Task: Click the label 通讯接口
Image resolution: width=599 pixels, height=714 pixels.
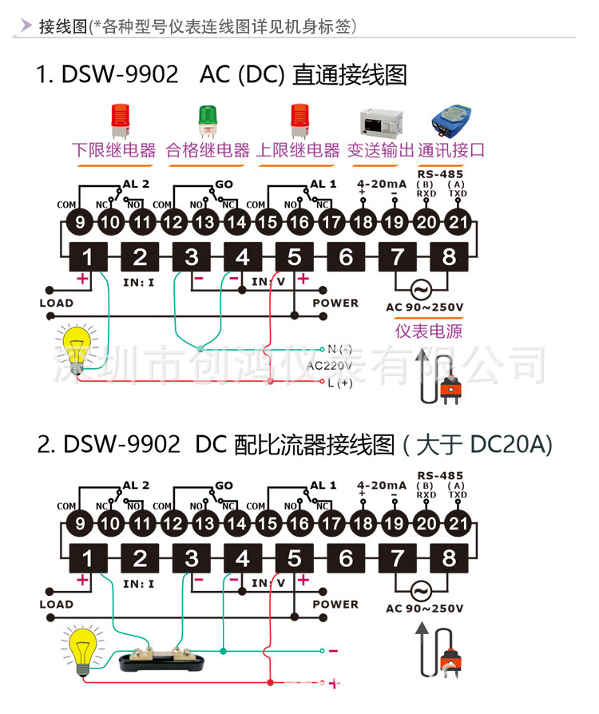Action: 451,150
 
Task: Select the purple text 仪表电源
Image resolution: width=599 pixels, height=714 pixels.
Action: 429,331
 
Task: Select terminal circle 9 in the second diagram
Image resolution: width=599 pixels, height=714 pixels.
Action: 79,525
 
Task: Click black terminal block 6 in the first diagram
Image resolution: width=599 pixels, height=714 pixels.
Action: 346,257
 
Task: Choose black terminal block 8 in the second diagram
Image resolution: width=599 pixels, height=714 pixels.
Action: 449,558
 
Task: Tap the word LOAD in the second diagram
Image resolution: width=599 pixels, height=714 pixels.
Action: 56,605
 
